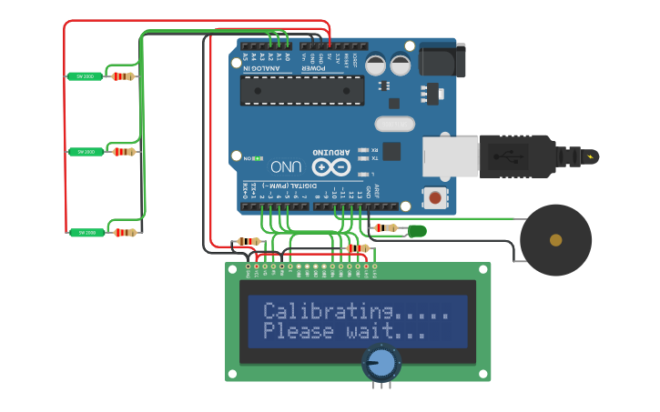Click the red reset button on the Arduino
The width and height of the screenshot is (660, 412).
tap(435, 197)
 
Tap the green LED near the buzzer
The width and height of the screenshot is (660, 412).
tap(417, 231)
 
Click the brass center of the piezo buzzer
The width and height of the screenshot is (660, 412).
tap(555, 240)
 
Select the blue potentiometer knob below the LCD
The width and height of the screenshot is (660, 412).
tap(381, 363)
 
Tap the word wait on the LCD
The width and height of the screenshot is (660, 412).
tap(370, 332)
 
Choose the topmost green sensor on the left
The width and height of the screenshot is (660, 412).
tap(86, 76)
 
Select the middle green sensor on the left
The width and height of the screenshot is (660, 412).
tap(86, 152)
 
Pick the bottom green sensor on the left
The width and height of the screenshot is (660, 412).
tap(86, 233)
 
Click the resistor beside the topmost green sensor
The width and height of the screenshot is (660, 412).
tap(123, 76)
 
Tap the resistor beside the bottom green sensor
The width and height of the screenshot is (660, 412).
tap(125, 233)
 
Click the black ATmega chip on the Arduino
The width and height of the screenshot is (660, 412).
tap(301, 90)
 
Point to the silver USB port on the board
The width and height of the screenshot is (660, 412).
tap(450, 156)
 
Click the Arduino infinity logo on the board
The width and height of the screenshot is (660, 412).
tap(331, 166)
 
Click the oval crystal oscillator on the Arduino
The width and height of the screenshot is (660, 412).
tap(394, 124)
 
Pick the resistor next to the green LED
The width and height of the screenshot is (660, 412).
tap(388, 227)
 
